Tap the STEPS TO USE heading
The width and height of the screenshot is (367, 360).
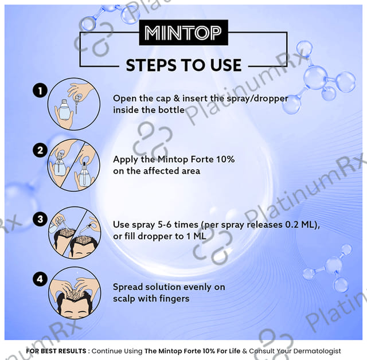point(183,64)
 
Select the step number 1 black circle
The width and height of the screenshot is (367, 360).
point(40,90)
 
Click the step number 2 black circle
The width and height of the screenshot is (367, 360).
point(40,151)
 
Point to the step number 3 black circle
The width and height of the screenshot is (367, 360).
point(40,218)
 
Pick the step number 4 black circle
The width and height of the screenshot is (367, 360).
point(40,279)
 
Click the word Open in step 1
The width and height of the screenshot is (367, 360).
point(124,98)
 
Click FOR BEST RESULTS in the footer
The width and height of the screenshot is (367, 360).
point(56,350)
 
